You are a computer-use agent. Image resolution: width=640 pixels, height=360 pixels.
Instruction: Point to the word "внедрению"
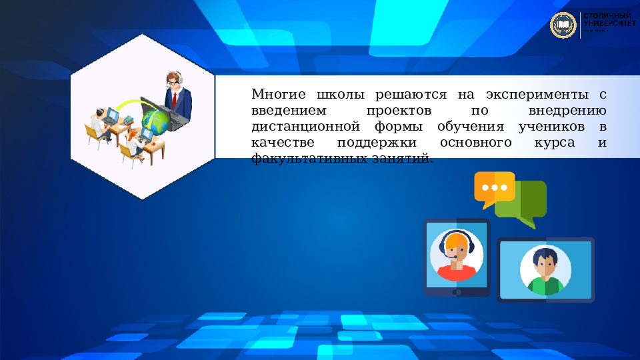[567, 110]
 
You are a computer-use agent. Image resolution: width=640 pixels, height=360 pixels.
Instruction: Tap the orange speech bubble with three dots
[494, 186]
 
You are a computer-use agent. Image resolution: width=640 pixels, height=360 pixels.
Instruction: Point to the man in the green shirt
[545, 271]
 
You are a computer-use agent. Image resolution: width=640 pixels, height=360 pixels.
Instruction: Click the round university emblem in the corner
[563, 25]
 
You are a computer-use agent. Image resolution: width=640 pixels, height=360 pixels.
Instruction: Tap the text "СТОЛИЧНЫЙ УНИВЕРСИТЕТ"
[609, 19]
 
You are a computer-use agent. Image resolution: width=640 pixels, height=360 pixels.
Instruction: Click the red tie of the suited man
[175, 100]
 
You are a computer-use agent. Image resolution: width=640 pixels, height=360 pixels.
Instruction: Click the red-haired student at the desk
[133, 139]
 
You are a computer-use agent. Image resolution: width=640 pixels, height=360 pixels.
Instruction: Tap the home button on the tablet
[457, 292]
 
